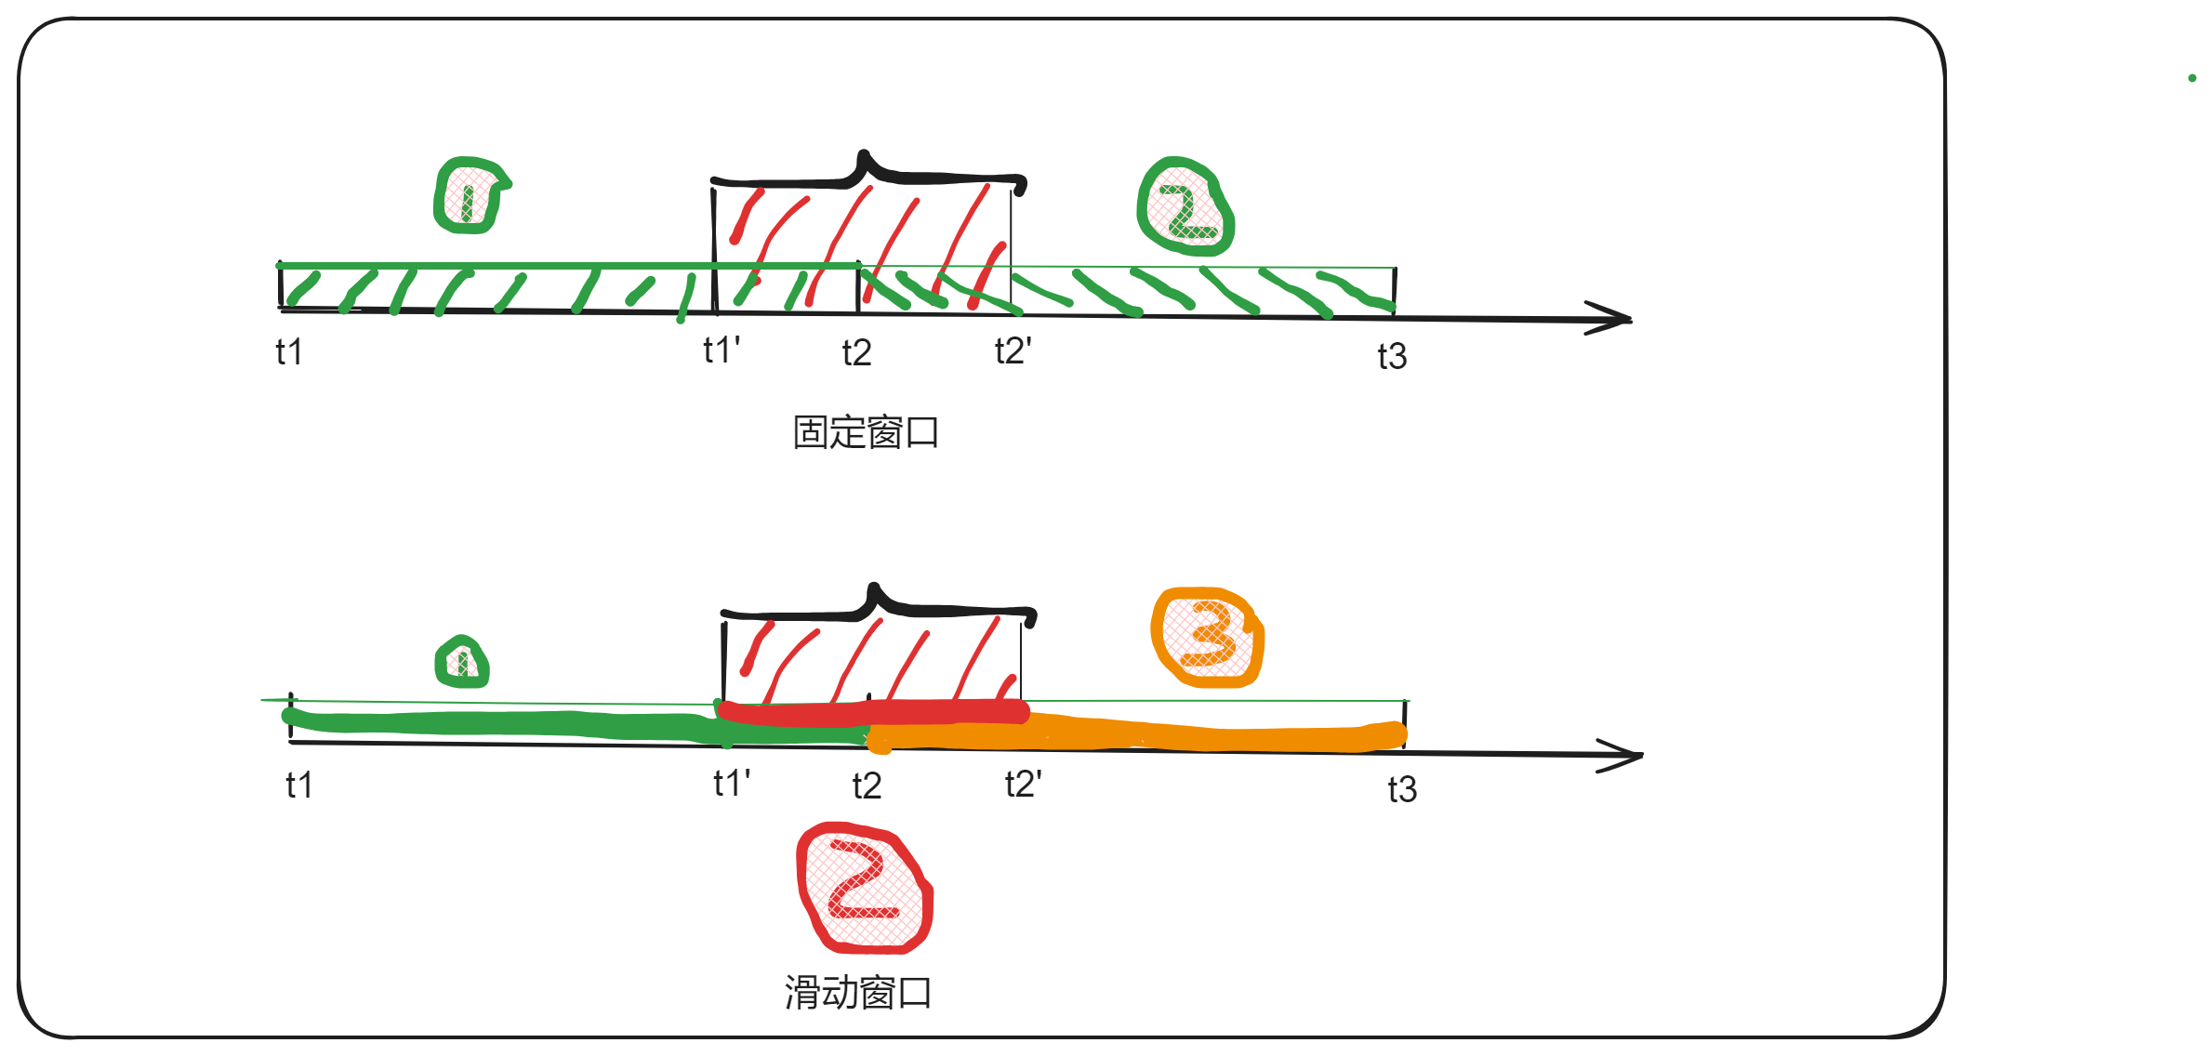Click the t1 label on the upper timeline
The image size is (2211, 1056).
pyautogui.click(x=289, y=352)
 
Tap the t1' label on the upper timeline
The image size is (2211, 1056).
pyautogui.click(x=722, y=350)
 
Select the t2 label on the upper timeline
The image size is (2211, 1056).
pyautogui.click(x=856, y=353)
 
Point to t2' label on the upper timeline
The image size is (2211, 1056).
pyautogui.click(x=1013, y=351)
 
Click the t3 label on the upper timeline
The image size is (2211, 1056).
pyautogui.click(x=1392, y=357)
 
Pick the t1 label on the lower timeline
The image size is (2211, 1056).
pyautogui.click(x=299, y=785)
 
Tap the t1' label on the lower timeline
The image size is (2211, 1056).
pyautogui.click(x=732, y=784)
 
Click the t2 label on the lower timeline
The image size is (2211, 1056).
pyautogui.click(x=867, y=786)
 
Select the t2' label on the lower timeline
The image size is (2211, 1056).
pyautogui.click(x=1023, y=785)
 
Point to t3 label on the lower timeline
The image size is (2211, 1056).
pyautogui.click(x=1402, y=790)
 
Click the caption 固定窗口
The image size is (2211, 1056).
pyautogui.click(x=866, y=433)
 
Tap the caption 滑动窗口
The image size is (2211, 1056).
pyautogui.click(x=857, y=993)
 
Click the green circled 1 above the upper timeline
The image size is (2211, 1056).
pyautogui.click(x=470, y=196)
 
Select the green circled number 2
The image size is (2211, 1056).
pyautogui.click(x=1185, y=207)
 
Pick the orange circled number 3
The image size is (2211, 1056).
pyautogui.click(x=1207, y=638)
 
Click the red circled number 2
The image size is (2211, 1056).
pyautogui.click(x=864, y=888)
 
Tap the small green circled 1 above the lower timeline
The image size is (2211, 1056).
pyautogui.click(x=462, y=662)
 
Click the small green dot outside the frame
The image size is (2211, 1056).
pyautogui.click(x=2191, y=78)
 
